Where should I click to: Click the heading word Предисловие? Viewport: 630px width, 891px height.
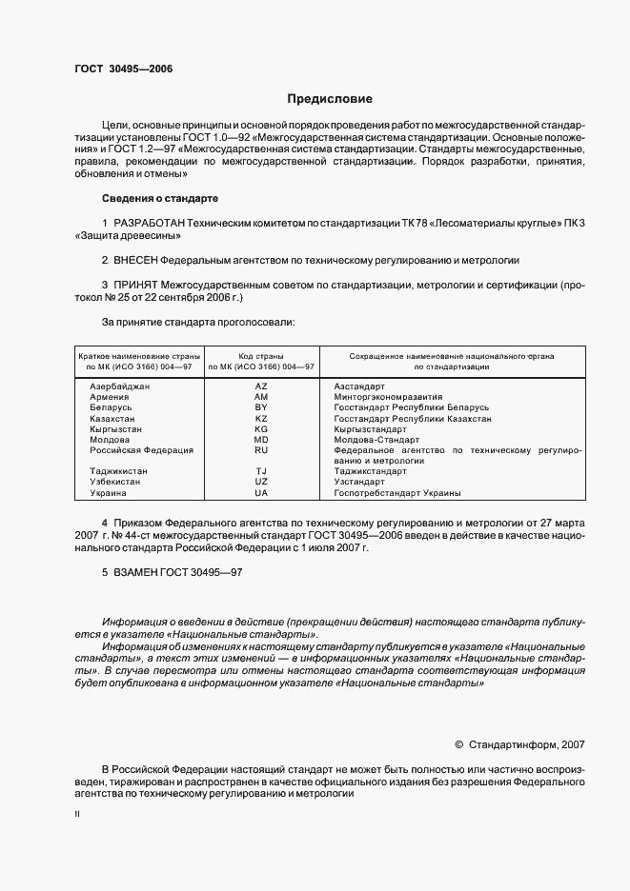coord(331,98)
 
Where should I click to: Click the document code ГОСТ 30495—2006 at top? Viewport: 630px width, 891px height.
coord(123,69)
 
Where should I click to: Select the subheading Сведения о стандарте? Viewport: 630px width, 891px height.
coord(160,198)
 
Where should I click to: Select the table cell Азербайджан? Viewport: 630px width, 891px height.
coord(119,386)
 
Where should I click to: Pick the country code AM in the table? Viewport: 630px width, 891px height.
coord(261,396)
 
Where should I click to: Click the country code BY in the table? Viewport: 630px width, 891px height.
coord(261,406)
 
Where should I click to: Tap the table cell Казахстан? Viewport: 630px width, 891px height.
coord(112,418)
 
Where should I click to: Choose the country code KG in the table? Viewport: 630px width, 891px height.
coord(261,428)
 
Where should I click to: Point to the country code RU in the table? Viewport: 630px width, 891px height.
coord(261,449)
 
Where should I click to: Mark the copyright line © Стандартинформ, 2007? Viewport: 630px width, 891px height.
coord(520,744)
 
